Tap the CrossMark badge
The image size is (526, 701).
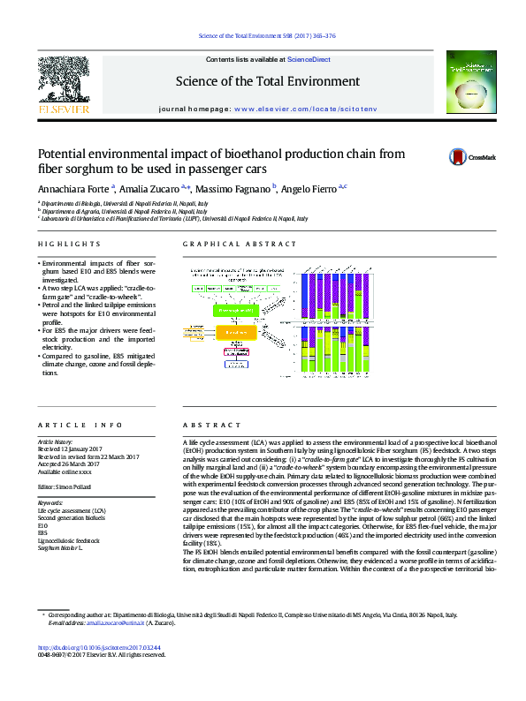pos(465,156)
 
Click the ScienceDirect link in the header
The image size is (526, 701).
pos(309,59)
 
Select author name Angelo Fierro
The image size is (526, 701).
pos(310,189)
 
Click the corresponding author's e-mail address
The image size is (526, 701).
pos(107,622)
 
